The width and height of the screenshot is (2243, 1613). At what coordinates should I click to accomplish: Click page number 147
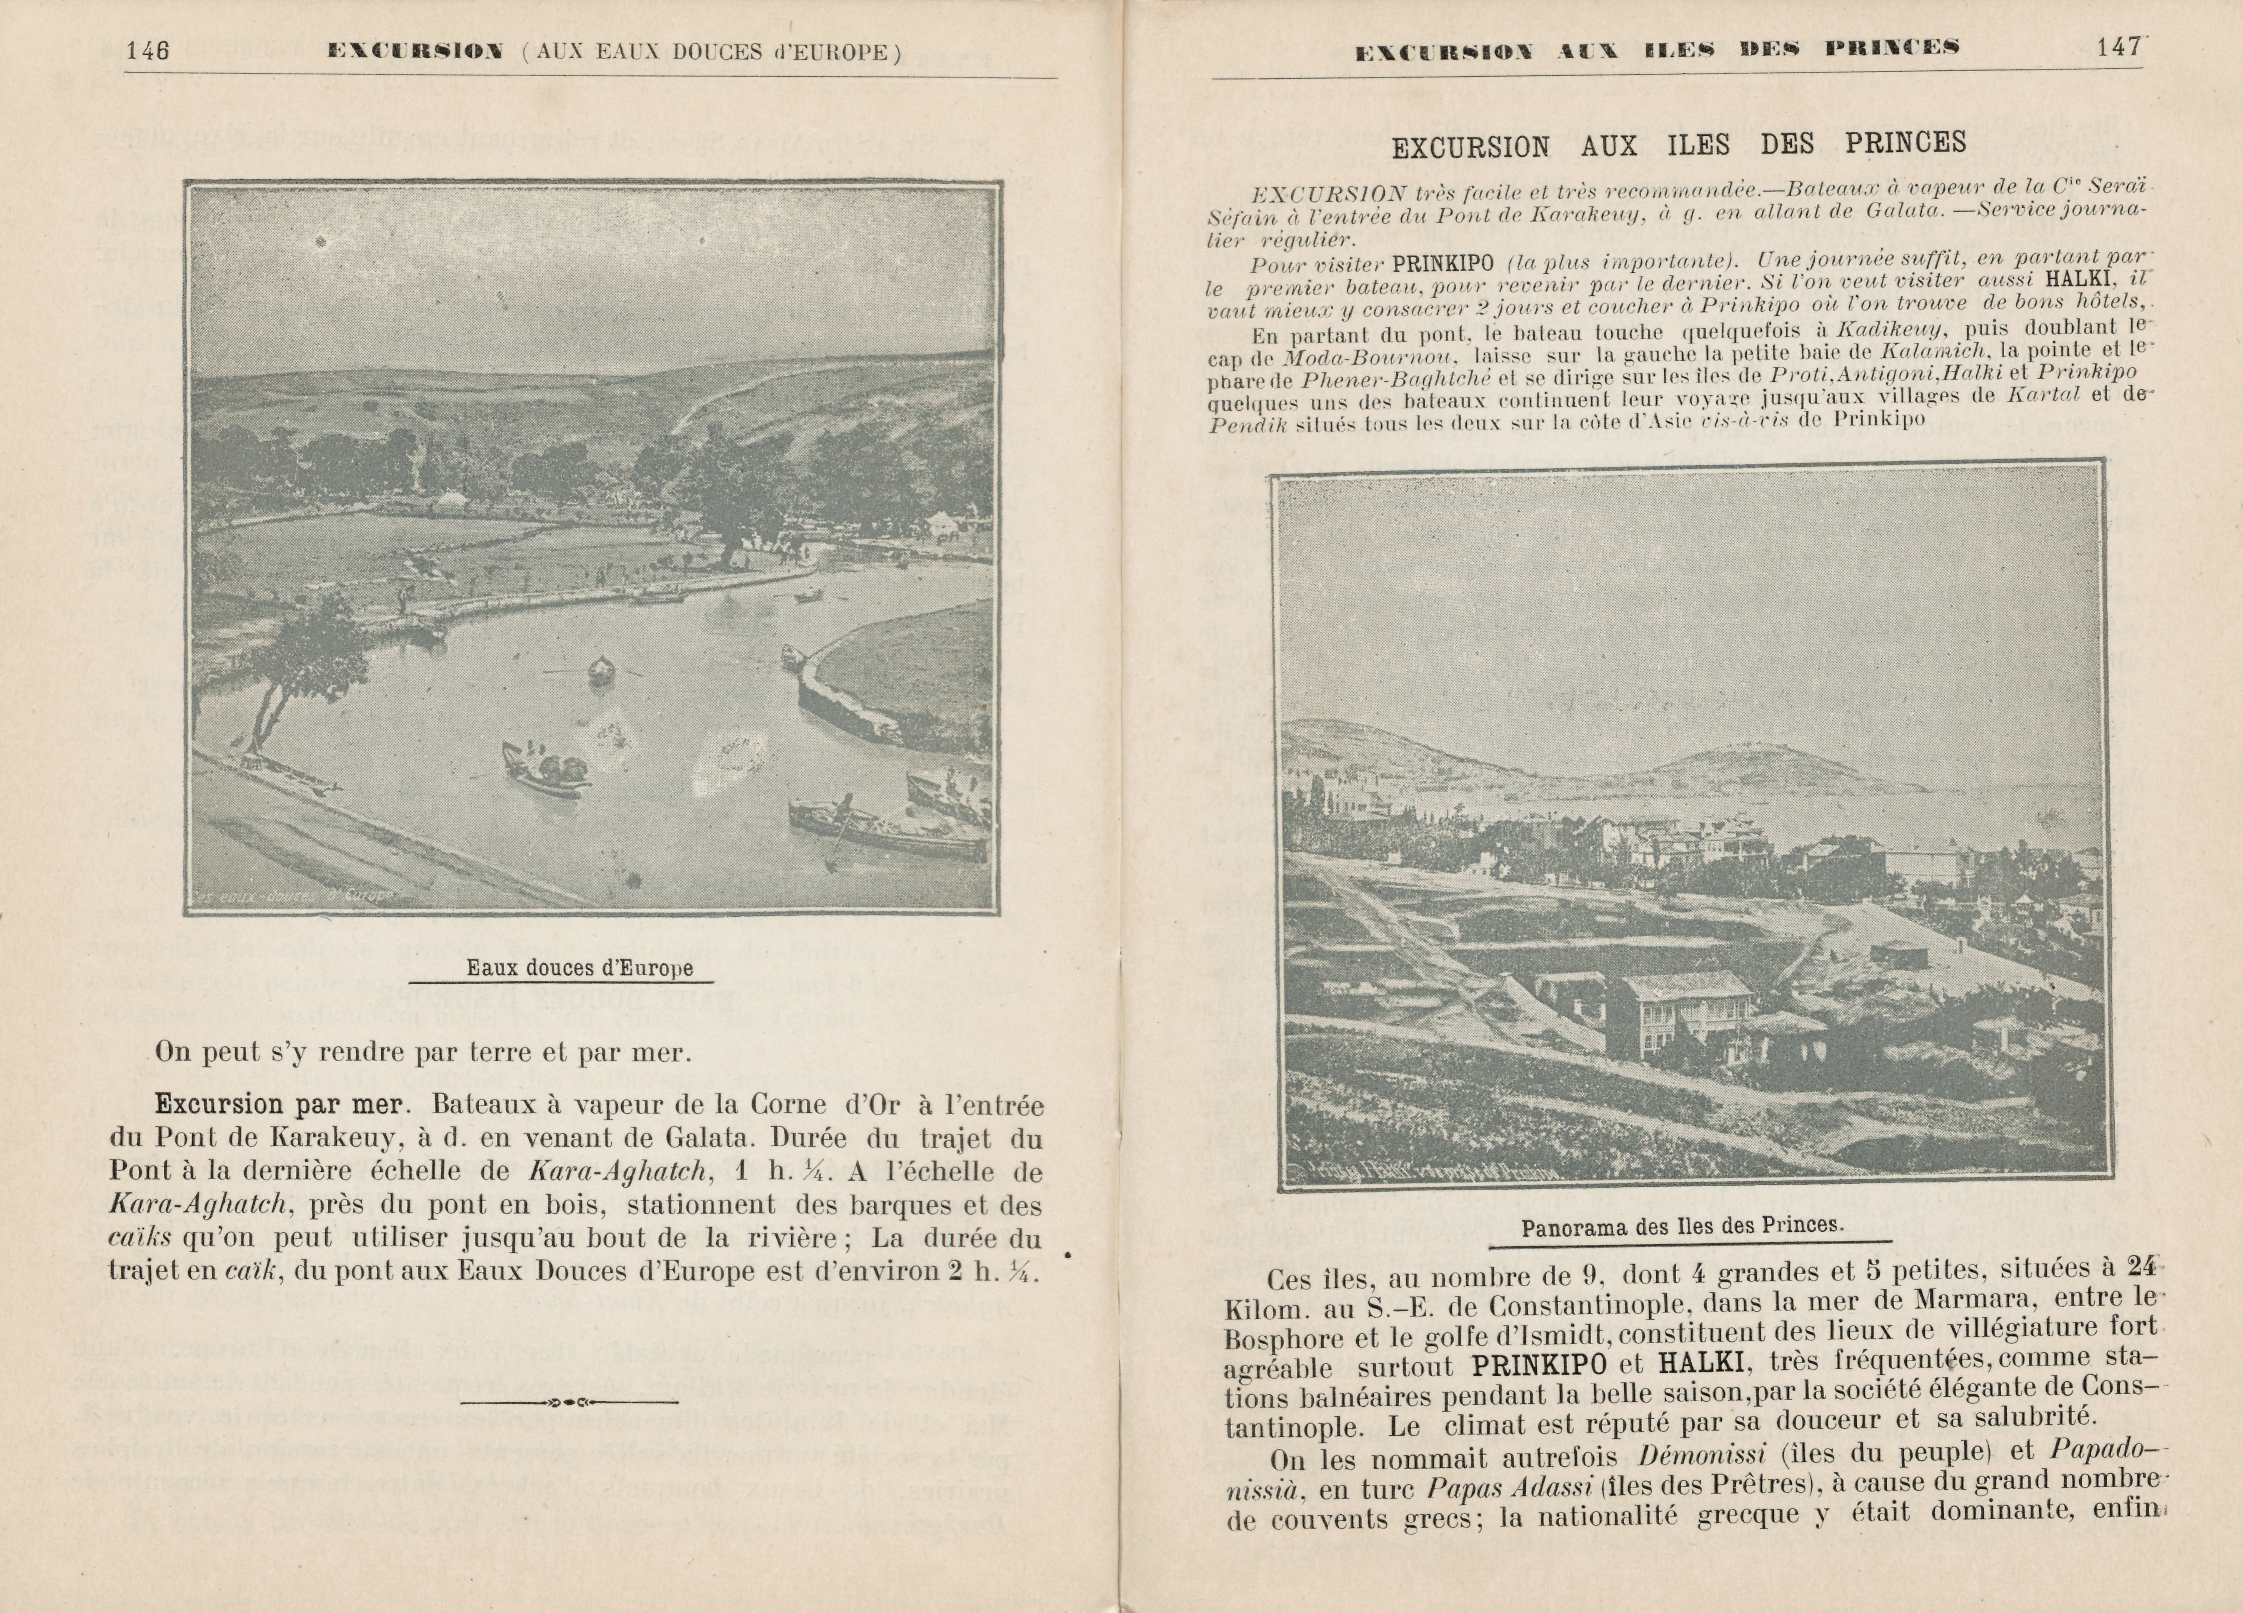coord(2118,48)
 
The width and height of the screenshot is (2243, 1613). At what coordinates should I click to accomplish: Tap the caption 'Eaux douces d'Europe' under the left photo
coord(580,968)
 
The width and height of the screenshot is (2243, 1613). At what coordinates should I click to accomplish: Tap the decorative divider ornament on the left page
coord(570,1402)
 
